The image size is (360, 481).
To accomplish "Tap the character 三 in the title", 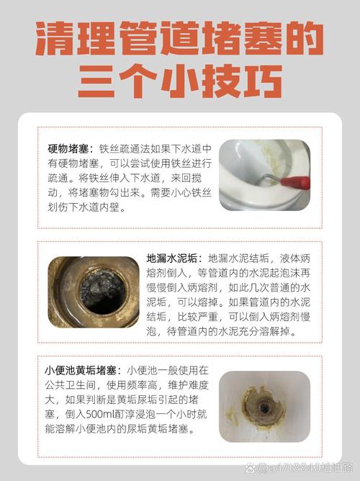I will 96,81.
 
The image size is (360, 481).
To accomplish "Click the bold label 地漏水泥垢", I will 175,257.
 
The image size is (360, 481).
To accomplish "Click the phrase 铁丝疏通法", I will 124,148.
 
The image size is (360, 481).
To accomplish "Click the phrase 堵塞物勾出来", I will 96,194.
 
